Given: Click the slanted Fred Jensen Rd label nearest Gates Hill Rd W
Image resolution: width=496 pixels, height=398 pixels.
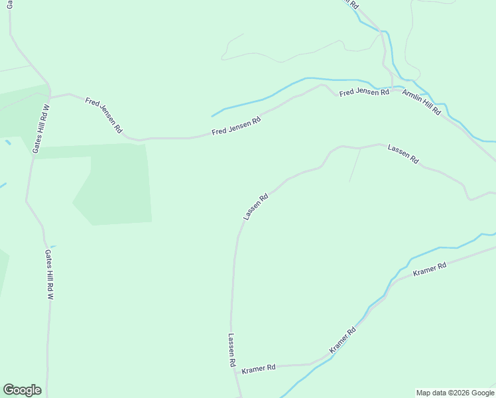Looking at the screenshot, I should coord(103,115).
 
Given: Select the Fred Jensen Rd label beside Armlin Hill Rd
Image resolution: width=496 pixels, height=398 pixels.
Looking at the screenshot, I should coord(364,92).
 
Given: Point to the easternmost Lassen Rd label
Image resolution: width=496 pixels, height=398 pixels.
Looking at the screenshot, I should coord(403,155).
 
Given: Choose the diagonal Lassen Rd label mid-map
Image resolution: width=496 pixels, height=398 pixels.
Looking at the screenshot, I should coord(255,206).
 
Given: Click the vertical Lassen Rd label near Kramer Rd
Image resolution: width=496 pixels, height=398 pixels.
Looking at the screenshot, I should coord(231,350).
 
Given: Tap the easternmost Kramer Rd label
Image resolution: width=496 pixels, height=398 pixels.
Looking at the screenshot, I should coord(430,269).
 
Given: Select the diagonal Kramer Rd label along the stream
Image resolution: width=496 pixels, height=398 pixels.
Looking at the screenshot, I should coord(343,340).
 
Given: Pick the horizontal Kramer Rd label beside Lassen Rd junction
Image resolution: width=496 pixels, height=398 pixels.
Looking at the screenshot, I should coord(259,368).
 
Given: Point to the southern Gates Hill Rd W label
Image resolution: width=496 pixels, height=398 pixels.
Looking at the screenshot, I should coord(48,275).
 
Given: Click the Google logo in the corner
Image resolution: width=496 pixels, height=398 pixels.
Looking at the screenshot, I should coord(22,390).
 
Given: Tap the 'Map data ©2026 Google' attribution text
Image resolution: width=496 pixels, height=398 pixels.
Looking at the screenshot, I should coord(456,393).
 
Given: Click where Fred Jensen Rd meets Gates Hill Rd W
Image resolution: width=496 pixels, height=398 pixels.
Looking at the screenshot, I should coord(50,97).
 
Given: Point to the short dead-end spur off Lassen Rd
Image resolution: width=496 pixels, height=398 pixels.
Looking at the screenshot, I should coord(355,165).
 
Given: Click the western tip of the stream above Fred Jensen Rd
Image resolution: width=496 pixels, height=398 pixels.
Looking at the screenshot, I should coord(212,116).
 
